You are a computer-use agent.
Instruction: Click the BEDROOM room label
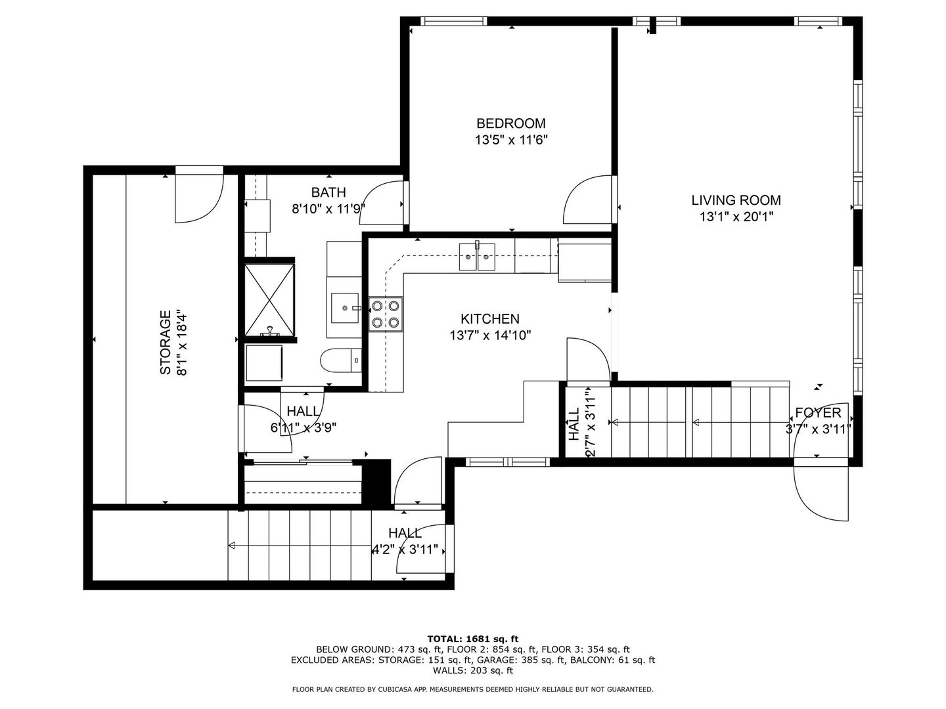tap(510, 123)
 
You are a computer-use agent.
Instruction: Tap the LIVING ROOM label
tap(736, 200)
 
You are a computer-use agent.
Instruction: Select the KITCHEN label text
tap(490, 319)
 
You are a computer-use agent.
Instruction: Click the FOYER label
tap(818, 413)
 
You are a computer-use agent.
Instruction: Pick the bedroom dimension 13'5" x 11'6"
tap(511, 140)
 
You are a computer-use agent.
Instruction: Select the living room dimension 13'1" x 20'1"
tap(736, 217)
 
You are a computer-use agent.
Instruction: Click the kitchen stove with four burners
tap(386, 314)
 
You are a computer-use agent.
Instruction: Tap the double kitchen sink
tap(477, 256)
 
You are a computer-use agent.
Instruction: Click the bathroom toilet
tap(342, 360)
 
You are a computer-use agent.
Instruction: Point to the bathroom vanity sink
tap(345, 308)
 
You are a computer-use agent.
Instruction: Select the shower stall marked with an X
tap(269, 299)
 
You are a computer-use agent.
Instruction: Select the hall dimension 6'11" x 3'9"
tap(304, 428)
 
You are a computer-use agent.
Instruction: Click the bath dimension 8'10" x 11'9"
tap(328, 209)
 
